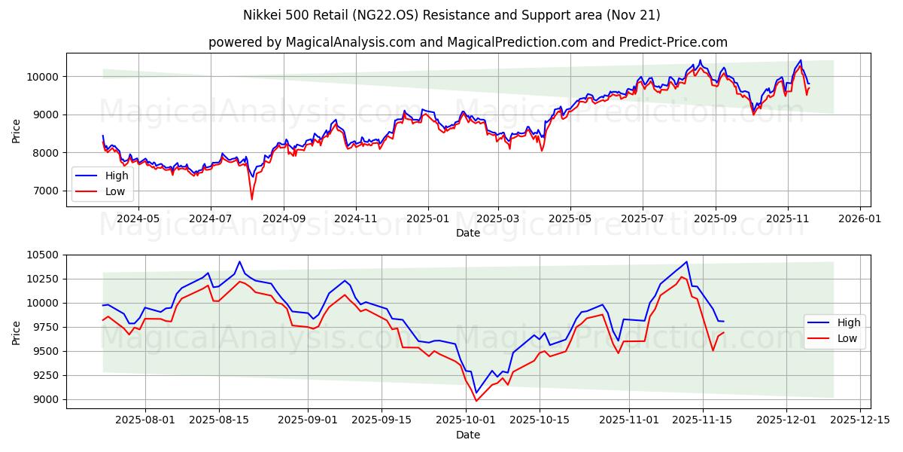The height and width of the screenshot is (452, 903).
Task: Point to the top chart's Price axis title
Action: (x=17, y=130)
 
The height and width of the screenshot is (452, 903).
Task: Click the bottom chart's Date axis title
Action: (x=468, y=435)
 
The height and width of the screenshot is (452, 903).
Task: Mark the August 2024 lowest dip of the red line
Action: (x=252, y=199)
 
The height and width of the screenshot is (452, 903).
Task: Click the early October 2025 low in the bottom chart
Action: (x=476, y=400)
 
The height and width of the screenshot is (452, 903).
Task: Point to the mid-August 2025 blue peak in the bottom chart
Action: (x=240, y=261)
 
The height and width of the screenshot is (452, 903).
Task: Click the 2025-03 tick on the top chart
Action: (x=498, y=218)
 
